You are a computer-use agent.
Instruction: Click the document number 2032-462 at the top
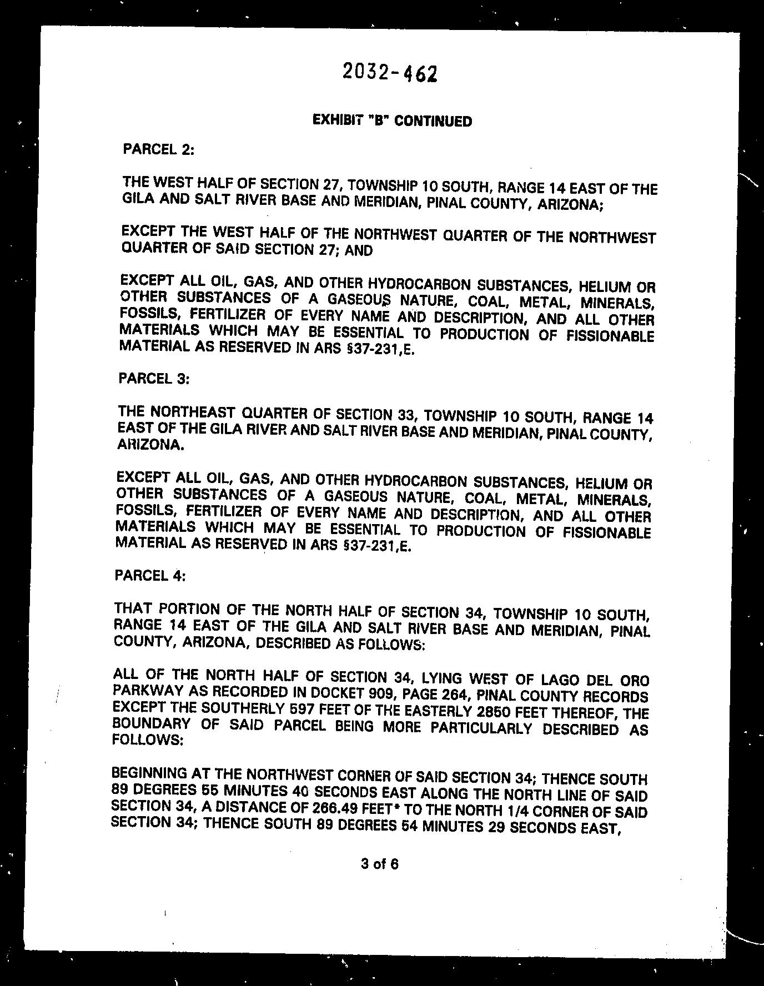(x=390, y=72)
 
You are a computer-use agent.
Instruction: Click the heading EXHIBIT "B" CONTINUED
(x=392, y=120)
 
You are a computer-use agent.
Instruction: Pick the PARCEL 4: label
(x=150, y=575)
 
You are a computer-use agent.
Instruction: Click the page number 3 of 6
(x=380, y=864)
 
